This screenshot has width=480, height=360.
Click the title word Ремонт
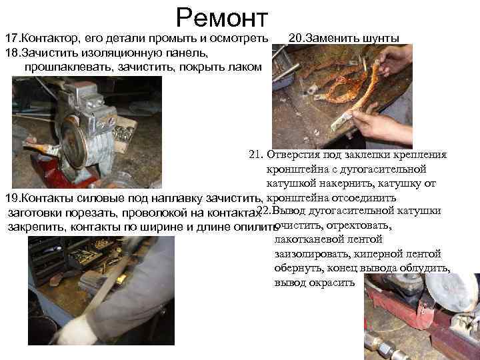[x=222, y=17]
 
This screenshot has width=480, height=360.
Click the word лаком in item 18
[x=245, y=67]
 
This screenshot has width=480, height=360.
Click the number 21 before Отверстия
[x=255, y=155]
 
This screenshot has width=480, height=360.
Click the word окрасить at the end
[x=335, y=283]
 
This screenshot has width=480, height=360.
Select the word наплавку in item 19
[x=189, y=199]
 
